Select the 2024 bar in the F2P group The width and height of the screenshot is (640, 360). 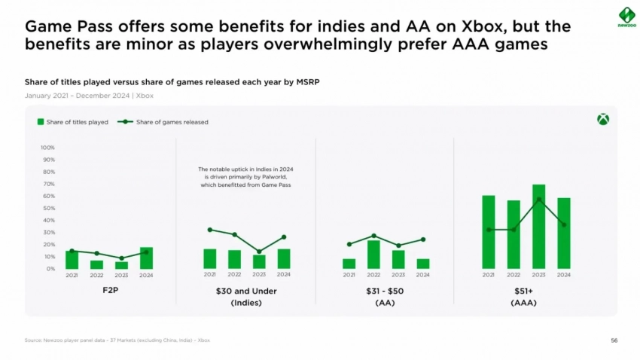click(x=146, y=258)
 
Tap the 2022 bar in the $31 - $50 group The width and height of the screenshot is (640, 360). click(x=373, y=255)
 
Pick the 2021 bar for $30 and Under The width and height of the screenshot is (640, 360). click(x=209, y=258)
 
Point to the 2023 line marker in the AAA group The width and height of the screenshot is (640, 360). click(x=538, y=199)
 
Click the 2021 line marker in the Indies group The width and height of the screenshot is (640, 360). click(x=209, y=230)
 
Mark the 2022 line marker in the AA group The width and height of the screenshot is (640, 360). click(x=373, y=236)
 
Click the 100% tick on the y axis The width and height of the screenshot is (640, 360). click(x=47, y=148)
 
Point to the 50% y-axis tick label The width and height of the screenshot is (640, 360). click(x=48, y=208)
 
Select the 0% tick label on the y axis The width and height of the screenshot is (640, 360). click(x=50, y=269)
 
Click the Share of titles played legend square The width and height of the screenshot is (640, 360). click(x=41, y=122)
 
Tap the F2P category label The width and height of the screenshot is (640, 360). click(x=109, y=291)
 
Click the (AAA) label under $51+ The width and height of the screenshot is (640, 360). click(x=523, y=303)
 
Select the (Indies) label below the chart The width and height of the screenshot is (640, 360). click(x=246, y=303)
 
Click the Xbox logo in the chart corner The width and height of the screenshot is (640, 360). click(x=602, y=120)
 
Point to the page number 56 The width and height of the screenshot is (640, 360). click(x=614, y=340)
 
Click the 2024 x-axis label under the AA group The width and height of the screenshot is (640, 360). click(x=423, y=275)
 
